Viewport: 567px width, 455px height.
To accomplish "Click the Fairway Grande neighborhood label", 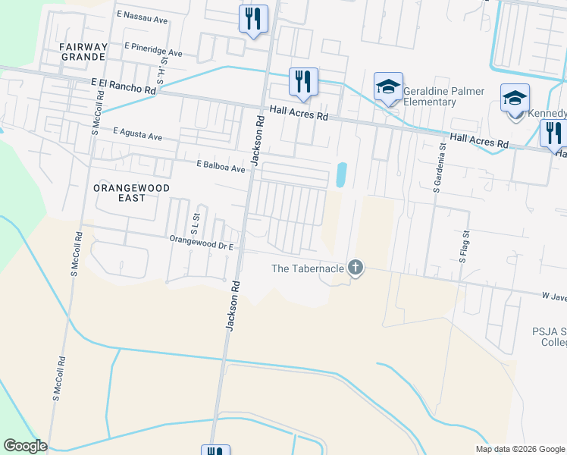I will coord(83,52).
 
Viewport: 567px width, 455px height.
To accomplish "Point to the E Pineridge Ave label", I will coord(156,52).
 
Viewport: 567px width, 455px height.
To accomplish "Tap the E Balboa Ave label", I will coord(221,165).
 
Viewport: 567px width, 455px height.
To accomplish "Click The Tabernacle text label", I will coord(308,268).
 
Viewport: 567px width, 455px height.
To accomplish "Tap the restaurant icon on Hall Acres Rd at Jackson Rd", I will coord(302,82).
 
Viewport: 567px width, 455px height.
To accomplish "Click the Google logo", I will coord(25,446).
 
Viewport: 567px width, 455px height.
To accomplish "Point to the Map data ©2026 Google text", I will coord(519,449).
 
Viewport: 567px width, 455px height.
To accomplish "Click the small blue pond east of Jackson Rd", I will coord(340,176).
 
